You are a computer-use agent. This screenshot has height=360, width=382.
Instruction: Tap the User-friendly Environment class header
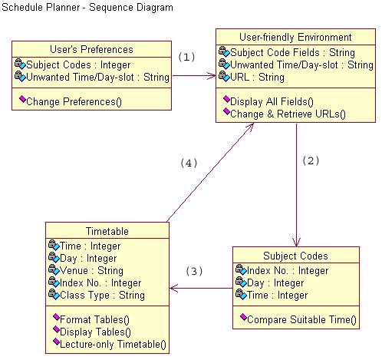click(x=295, y=37)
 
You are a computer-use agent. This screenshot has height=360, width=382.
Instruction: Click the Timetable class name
click(x=107, y=231)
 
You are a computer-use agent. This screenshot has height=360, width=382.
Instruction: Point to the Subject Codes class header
click(x=295, y=256)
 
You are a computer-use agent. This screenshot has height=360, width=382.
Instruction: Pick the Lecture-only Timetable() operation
click(x=113, y=344)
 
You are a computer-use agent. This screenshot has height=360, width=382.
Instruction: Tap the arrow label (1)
click(x=187, y=57)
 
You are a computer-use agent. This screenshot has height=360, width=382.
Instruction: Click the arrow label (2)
click(x=310, y=160)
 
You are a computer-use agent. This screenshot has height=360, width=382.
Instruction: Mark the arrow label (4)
click(x=189, y=163)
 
